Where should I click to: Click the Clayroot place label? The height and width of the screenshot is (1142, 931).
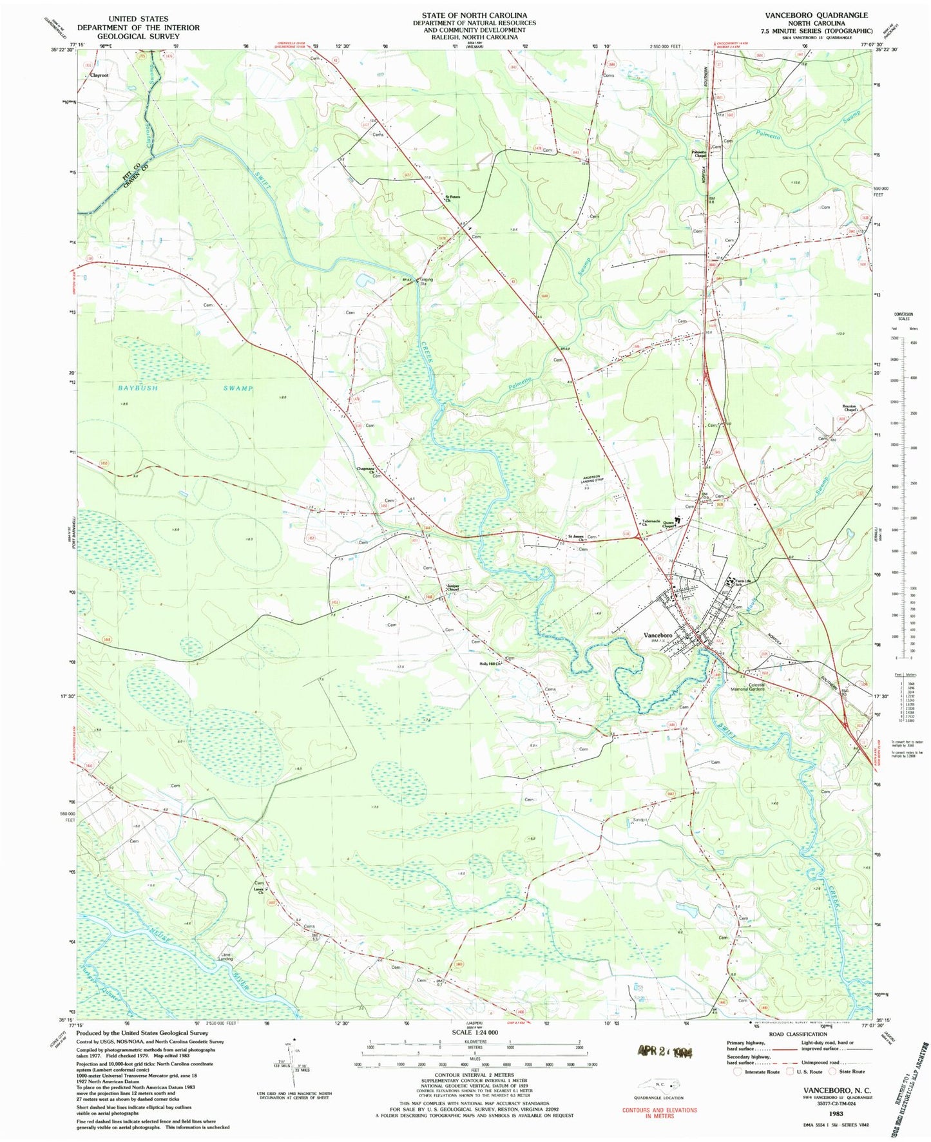tap(99, 75)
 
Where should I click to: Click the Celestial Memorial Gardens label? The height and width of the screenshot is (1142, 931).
tap(747, 687)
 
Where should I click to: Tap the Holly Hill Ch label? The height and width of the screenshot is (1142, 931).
tap(490, 663)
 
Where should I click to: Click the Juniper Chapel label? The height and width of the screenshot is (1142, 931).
tap(452, 587)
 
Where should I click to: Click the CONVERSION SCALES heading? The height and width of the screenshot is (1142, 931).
tap(903, 316)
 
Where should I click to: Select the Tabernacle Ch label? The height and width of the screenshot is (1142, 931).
tap(654, 523)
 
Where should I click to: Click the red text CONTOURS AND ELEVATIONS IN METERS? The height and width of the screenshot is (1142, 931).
tap(659, 1110)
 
